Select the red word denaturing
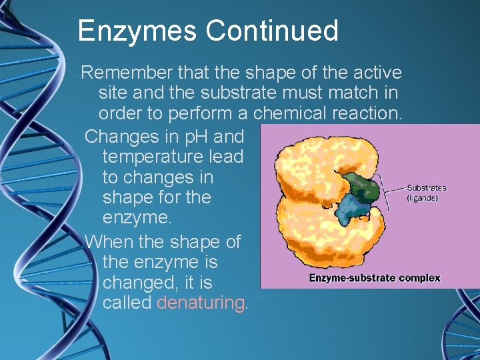point(201,303)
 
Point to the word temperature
point(153,157)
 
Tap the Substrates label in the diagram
point(426,188)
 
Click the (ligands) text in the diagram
point(422,198)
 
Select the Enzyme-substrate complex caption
point(374,278)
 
